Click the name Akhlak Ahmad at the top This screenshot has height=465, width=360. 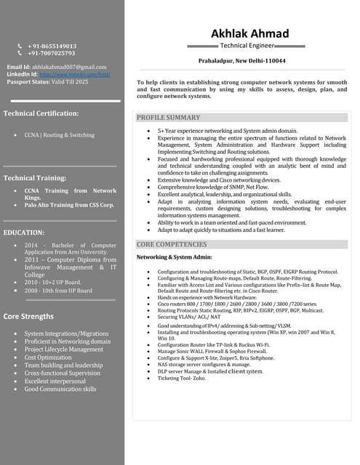(249, 33)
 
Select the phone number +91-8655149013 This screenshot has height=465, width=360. (52, 46)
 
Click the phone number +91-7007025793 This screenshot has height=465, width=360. (51, 53)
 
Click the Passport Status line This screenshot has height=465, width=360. (47, 81)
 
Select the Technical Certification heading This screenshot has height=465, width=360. (41, 113)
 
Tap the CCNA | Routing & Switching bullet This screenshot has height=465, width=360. (59, 135)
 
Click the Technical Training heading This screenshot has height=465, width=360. (35, 178)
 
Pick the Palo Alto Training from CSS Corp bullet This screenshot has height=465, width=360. (69, 205)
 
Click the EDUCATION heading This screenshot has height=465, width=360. (24, 232)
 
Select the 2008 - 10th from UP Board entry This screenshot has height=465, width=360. (58, 291)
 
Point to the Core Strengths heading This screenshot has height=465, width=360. (28, 317)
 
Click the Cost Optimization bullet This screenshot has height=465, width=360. (48, 357)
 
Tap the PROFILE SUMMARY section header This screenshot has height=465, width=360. (168, 118)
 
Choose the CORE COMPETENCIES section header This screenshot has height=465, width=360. (172, 245)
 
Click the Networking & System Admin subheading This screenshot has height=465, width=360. (175, 257)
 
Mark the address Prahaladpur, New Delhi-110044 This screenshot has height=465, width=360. (242, 61)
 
